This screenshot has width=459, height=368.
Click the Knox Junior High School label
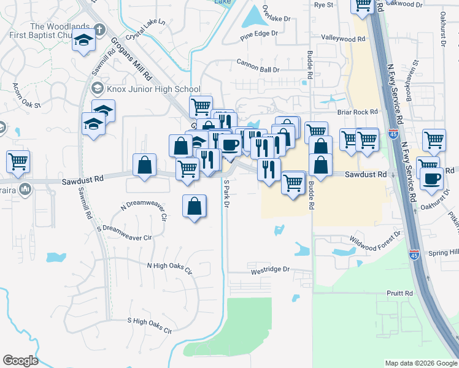tap(153, 89)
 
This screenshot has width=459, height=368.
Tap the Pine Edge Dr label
tap(259, 34)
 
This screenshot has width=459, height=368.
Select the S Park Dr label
tap(226, 193)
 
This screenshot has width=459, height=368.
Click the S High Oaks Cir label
tap(149, 324)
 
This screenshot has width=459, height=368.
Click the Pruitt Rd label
tap(400, 294)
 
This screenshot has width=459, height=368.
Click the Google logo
tap(20, 361)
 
